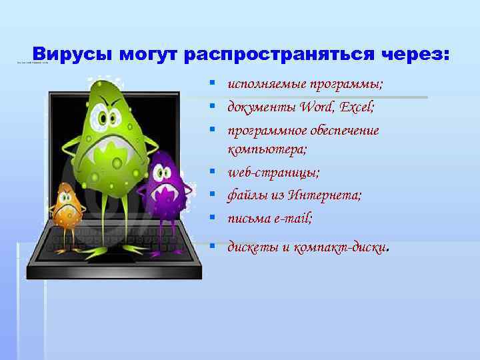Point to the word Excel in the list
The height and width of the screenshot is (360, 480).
pos(360,107)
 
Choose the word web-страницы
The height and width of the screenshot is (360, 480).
pos(273,173)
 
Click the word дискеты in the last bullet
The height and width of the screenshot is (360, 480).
pos(253,247)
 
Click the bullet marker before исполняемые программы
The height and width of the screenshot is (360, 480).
pos(211,84)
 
